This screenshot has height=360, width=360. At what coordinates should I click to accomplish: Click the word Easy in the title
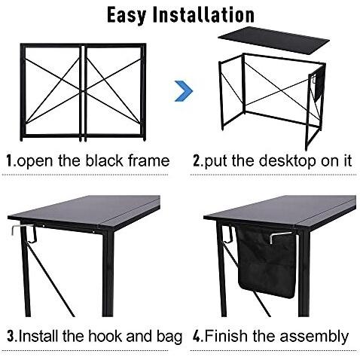pos(127,16)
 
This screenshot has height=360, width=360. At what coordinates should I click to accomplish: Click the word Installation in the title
pos(203,15)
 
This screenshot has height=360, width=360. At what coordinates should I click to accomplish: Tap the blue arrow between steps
pos(184,91)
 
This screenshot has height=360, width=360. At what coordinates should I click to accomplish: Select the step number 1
pos(10,160)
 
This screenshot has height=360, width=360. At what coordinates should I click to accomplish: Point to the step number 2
pos(197,160)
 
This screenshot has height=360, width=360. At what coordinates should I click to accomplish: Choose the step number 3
pos(11,337)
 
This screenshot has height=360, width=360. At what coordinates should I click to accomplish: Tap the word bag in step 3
pos(169,337)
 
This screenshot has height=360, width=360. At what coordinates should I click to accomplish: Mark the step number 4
pos(197,337)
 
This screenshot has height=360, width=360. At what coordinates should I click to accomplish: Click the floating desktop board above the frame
pos(274,40)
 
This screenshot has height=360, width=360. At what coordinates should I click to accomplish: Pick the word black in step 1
pos(104,160)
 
